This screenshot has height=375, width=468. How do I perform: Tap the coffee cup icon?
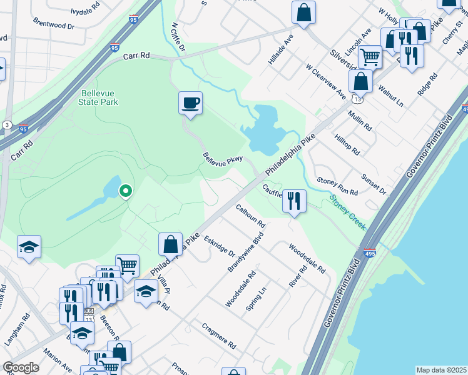point(190,103)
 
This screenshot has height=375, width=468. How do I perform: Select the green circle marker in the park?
point(126,191)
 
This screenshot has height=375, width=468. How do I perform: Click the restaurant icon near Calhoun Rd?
point(294,201)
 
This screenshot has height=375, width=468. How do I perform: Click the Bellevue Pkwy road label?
point(222,159)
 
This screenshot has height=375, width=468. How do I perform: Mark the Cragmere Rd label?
point(219,336)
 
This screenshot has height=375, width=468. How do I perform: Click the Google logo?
point(21,367)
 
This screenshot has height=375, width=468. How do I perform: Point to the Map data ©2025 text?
point(441,370)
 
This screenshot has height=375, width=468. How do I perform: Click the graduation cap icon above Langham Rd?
point(29,247)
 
